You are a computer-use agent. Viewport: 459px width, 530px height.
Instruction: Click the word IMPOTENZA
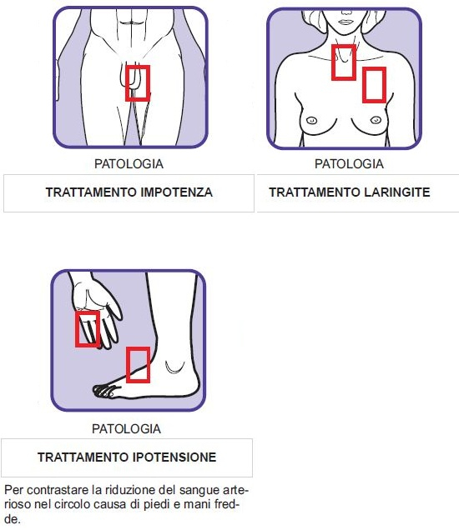tap(176, 192)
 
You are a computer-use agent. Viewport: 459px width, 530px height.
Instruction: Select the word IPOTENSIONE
tap(174, 457)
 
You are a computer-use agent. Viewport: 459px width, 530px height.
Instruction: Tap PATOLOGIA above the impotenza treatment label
tap(129, 164)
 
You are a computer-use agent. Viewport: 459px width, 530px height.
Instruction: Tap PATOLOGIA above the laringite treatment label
tap(349, 164)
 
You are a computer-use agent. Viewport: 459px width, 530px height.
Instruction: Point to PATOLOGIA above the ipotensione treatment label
tap(126, 429)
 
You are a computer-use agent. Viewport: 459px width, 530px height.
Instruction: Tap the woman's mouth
tap(346, 22)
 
